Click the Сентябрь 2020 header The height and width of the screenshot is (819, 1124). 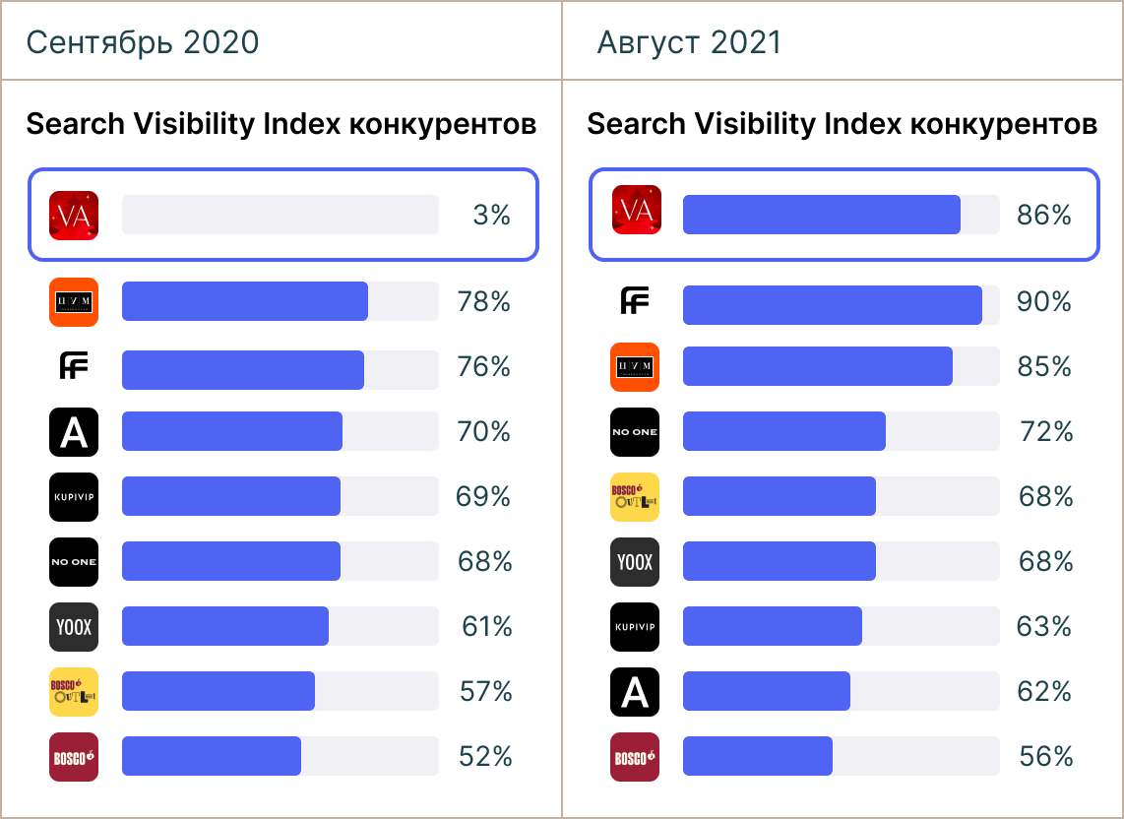point(143,42)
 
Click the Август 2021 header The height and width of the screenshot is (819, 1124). point(689,42)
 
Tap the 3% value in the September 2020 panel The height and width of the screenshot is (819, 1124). point(491,215)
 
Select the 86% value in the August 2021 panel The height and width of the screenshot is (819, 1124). point(1044,215)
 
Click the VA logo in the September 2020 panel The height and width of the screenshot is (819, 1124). point(74,215)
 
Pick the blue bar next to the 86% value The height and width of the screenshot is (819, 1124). point(821,215)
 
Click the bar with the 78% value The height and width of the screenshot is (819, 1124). point(244,301)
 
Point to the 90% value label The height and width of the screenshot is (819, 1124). point(1044,301)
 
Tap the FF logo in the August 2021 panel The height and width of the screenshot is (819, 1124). point(635,301)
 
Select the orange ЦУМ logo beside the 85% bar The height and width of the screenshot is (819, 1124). point(635,366)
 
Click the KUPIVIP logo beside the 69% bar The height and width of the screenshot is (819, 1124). point(74,496)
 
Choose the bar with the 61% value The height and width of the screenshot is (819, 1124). point(224,626)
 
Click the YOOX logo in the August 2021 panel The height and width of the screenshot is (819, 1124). point(635,561)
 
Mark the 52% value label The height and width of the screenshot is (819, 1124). point(485,756)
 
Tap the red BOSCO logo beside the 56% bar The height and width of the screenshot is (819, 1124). point(635,756)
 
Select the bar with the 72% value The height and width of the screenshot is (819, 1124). point(783,431)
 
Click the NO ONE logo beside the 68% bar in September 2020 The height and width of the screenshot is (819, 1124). point(74,561)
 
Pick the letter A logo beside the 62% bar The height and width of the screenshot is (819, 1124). point(635,691)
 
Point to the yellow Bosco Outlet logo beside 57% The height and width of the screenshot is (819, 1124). point(74,691)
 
